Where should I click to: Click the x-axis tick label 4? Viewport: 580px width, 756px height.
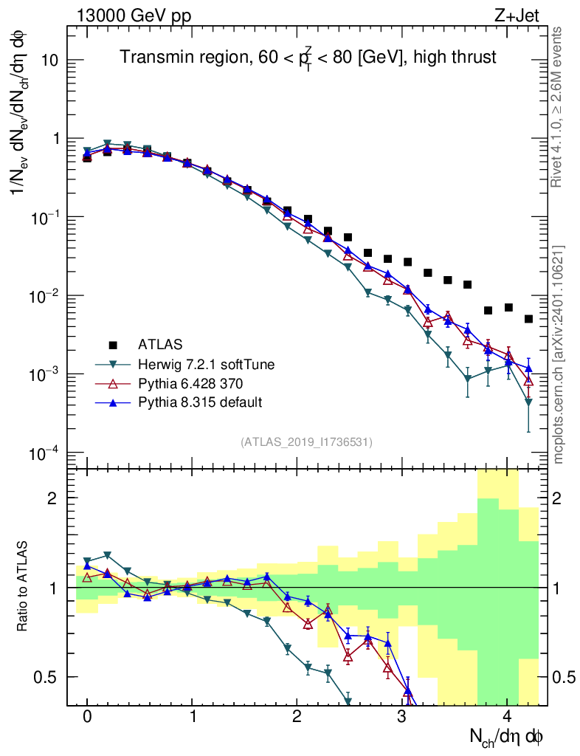tap(507, 717)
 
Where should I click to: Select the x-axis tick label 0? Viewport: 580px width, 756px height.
tap(87, 717)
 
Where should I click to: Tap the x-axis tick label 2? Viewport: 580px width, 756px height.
tap(297, 717)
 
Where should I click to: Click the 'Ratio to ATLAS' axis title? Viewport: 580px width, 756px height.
tap(24, 587)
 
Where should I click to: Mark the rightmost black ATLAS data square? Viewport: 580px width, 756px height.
tap(528, 319)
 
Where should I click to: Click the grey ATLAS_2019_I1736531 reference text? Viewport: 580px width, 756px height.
tap(306, 442)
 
